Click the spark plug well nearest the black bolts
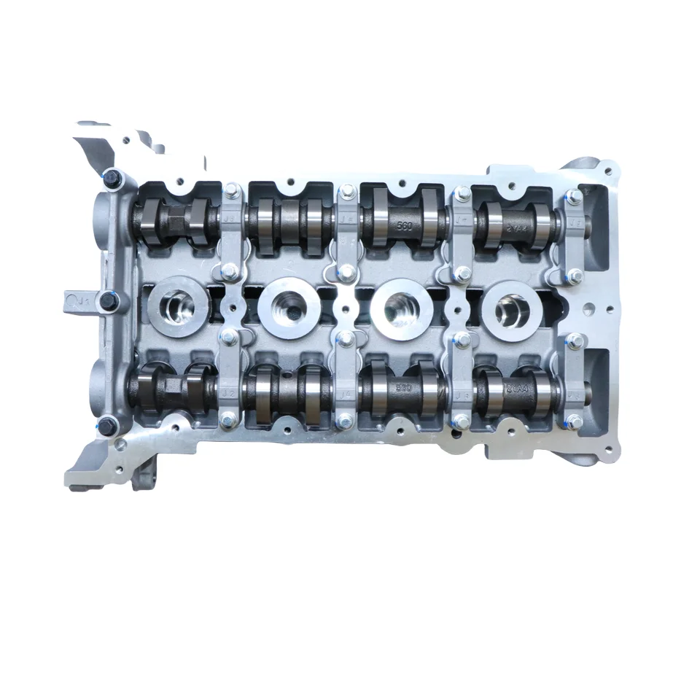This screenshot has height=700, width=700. point(178,308)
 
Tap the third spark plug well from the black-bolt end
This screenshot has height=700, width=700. point(401,306)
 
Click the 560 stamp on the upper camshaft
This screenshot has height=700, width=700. point(405,226)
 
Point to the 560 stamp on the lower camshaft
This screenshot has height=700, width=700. point(405,388)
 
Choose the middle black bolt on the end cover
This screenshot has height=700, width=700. point(109,299)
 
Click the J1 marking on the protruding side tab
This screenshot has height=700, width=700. point(77,299)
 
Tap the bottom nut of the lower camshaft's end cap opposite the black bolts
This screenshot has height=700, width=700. point(575,421)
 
